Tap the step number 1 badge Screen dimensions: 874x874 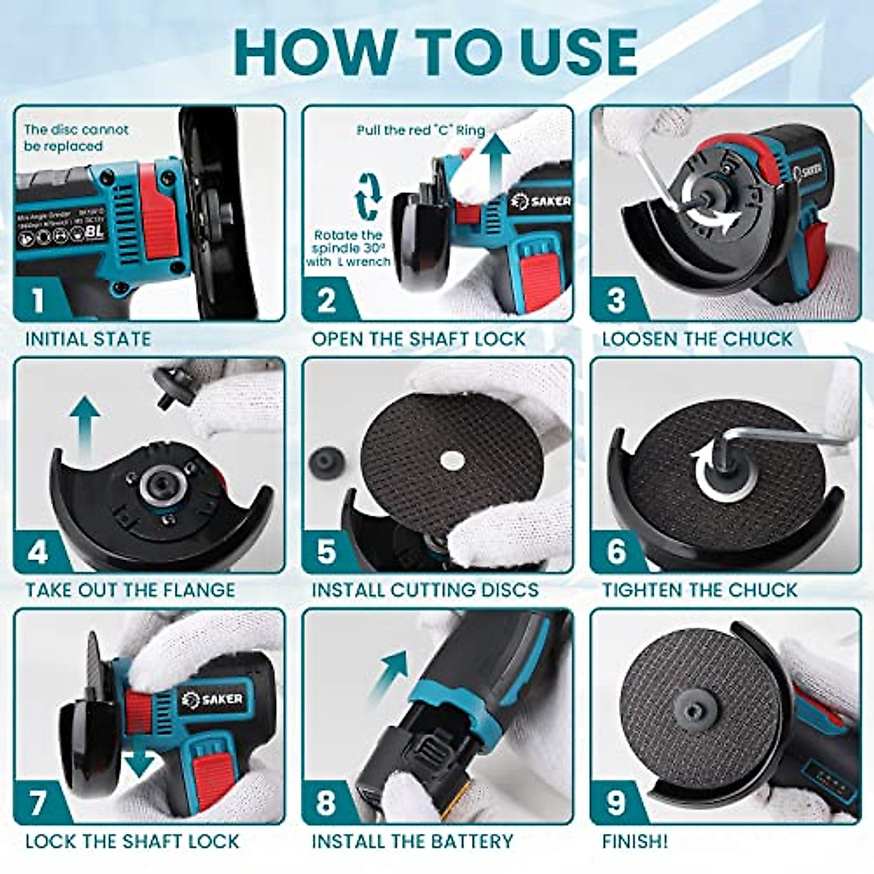click(x=37, y=300)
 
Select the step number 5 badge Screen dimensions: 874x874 click(x=326, y=551)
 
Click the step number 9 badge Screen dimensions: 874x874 click(x=615, y=803)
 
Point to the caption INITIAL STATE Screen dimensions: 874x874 click(x=88, y=339)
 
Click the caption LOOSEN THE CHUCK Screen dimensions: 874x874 click(x=697, y=339)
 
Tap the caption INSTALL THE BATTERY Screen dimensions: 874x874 click(x=412, y=841)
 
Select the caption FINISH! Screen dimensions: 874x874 click(x=634, y=841)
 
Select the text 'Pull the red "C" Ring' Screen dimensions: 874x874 click(x=420, y=130)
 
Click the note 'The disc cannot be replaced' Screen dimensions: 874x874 click(x=75, y=138)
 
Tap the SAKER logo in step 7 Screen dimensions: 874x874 click(x=213, y=700)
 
